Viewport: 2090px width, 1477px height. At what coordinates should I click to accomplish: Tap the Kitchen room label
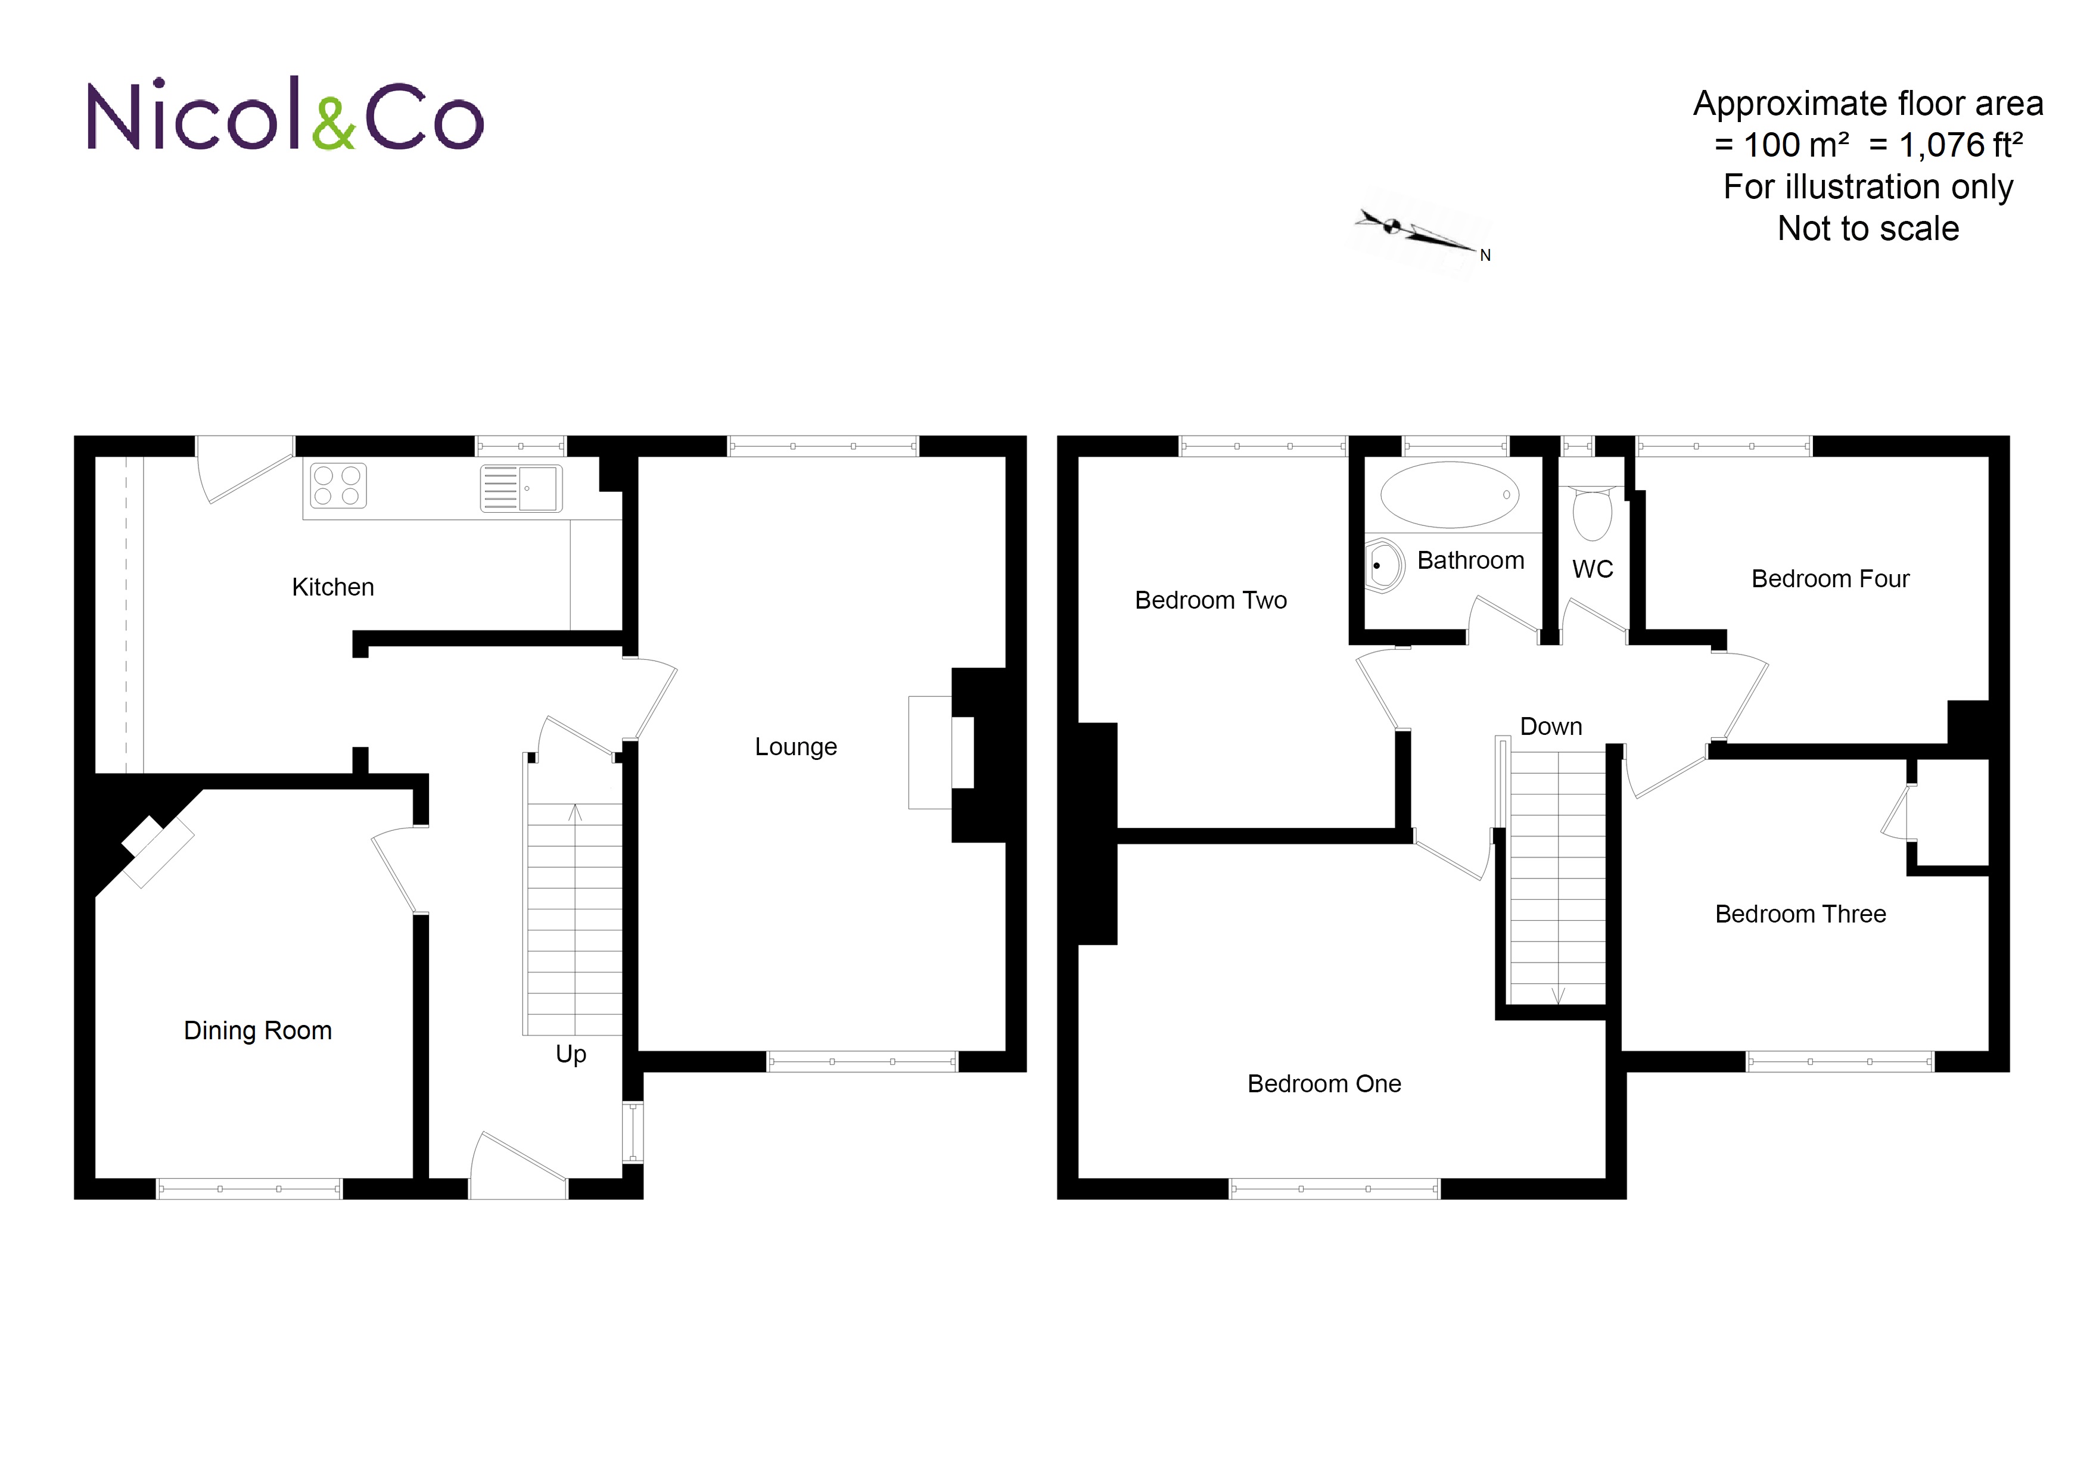coord(332,587)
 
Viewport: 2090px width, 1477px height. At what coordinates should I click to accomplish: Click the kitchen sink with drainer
coord(521,489)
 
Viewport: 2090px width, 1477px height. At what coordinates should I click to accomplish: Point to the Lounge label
coord(795,747)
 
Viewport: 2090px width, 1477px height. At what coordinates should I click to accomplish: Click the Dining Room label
coord(257,1030)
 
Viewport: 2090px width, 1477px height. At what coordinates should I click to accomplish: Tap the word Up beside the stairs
coord(571,1054)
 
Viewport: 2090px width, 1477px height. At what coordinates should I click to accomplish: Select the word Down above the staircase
coord(1551,726)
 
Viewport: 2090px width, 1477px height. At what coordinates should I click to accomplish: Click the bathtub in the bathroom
coord(1449,495)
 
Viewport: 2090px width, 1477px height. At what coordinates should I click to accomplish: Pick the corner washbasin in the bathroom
coord(1383,566)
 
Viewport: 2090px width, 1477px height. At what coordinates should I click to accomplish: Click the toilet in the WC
coord(1592,513)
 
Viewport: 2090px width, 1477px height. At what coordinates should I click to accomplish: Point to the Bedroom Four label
coord(1830,579)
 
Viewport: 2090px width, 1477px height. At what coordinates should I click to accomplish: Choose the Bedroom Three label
coord(1800,914)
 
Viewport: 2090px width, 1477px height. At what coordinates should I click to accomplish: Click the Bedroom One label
coord(1324,1084)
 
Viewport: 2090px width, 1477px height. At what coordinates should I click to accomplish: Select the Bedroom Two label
coord(1211,601)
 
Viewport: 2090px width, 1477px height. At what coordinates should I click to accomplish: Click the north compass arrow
coord(1420,233)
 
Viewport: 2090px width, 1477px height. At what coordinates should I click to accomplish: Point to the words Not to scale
coord(1868,229)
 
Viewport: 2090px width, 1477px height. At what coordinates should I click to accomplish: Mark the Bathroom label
coord(1470,560)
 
